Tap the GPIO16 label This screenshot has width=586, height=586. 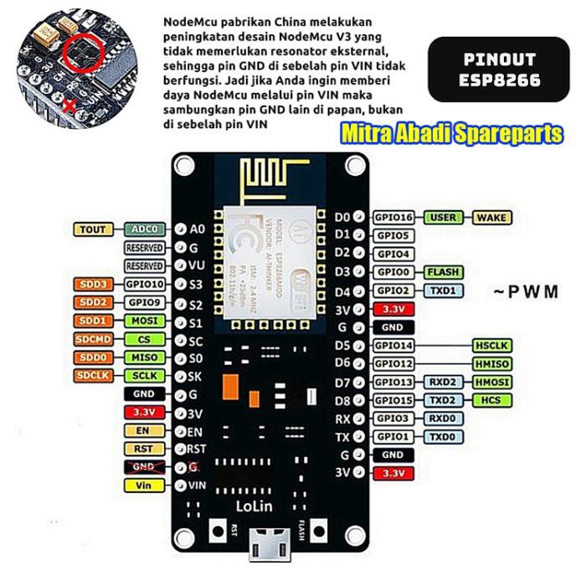pyautogui.click(x=393, y=218)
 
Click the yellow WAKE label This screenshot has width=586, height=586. pyautogui.click(x=492, y=218)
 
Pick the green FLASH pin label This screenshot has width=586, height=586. pyautogui.click(x=443, y=272)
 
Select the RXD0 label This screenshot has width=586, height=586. pyautogui.click(x=442, y=419)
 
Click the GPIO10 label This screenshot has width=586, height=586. pyautogui.click(x=144, y=284)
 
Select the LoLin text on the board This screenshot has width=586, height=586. pyautogui.click(x=259, y=506)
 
